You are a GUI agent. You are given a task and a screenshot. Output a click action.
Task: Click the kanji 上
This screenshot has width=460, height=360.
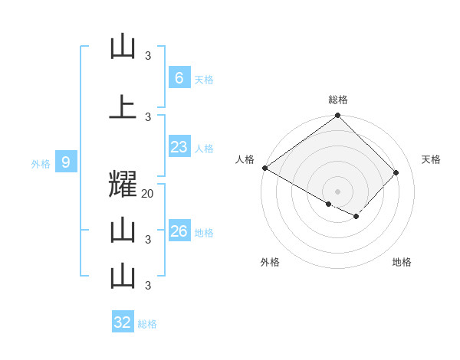123,106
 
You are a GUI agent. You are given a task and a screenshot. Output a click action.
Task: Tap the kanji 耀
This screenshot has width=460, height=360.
123,186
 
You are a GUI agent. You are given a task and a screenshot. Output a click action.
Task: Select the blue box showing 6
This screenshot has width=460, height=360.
179,77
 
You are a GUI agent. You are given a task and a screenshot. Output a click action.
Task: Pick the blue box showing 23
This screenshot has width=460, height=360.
179,147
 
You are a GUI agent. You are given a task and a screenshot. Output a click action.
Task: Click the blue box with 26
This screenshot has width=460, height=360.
179,231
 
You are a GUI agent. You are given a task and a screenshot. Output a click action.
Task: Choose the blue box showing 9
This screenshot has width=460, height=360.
66,162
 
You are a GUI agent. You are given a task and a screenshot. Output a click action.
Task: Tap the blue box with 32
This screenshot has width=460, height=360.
123,322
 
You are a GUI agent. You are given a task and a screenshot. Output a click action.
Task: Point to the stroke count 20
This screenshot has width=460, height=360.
148,194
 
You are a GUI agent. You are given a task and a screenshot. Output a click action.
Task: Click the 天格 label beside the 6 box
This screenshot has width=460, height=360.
204,79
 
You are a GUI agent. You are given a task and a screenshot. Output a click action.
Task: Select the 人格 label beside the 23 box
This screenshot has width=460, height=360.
204,149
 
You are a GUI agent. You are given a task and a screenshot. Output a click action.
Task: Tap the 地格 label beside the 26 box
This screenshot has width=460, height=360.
204,233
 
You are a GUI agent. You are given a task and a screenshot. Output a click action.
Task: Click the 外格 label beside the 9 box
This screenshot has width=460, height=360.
41,163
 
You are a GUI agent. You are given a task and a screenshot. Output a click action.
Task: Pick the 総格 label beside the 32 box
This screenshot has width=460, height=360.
147,324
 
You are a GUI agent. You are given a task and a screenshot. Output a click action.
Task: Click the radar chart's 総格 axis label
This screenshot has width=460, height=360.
338,100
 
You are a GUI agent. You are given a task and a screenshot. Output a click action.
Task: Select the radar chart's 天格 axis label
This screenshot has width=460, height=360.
432,159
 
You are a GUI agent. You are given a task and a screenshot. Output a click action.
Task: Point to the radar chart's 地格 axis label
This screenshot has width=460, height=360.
402,262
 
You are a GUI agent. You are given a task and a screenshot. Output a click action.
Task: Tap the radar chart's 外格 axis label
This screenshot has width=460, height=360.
270,262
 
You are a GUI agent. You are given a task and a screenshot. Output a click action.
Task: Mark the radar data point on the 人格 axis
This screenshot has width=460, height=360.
264,168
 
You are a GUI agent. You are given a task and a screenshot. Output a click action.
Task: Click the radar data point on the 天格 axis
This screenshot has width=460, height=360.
396,172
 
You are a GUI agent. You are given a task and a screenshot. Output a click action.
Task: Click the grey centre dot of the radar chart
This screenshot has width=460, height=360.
338,191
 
